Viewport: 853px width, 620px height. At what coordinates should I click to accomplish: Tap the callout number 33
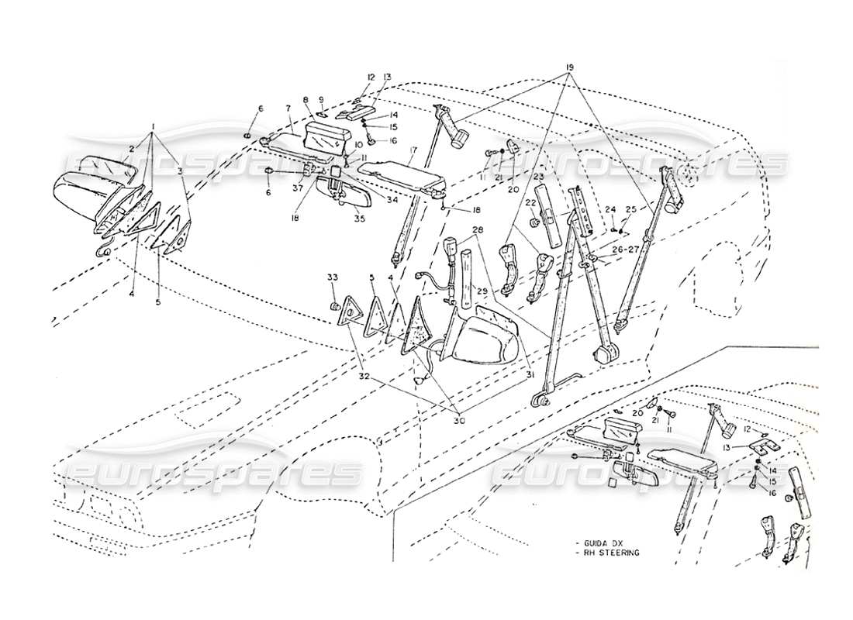tap(332, 278)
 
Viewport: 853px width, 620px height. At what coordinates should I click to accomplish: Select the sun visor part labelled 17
tap(403, 170)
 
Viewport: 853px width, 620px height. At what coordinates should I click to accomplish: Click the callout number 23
tap(537, 177)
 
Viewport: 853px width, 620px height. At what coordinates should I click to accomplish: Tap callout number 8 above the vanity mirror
tap(306, 100)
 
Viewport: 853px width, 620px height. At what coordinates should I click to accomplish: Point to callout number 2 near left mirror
tap(132, 148)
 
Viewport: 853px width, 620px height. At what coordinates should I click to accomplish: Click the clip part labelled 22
tap(534, 225)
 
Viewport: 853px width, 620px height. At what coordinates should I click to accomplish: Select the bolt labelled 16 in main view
tap(372, 140)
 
